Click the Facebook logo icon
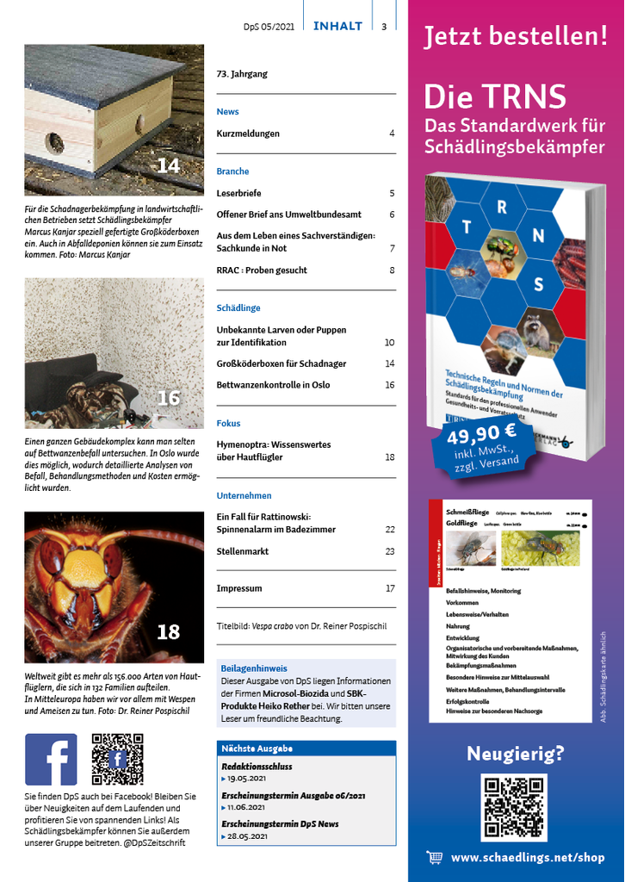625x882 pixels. pos(51,759)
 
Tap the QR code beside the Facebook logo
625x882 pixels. pos(117,759)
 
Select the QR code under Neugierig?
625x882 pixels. pos(514,807)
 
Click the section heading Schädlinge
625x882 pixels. pos(238,307)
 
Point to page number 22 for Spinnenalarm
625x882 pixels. pos(390,529)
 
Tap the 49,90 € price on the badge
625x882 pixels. pos(481,432)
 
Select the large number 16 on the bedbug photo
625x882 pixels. pos(168,398)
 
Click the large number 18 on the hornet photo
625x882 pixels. pos(168,632)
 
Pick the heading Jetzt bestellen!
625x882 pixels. pos(516,37)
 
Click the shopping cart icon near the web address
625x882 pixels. pos(435,857)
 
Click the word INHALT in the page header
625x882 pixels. pos(337,26)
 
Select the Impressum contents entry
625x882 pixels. pos(239,588)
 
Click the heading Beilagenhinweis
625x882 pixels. pos(254,668)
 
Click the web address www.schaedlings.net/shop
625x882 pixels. pos(528,858)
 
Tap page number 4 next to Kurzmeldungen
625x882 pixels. pos(392,134)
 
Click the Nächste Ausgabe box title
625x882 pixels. pos(257,748)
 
